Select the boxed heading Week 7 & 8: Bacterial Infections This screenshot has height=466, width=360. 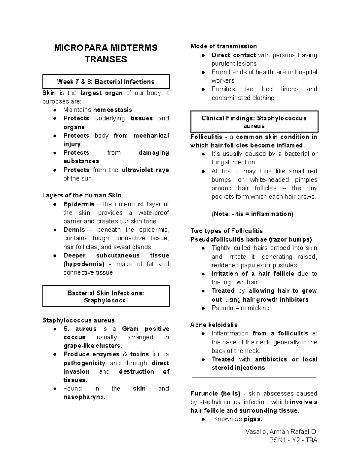[x=106, y=82]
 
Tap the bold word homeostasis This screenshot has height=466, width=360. [x=112, y=110]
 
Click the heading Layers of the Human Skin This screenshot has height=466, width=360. [x=82, y=195]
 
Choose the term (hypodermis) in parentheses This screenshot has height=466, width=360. [x=84, y=264]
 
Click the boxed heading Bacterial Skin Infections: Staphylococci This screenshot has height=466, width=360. [x=106, y=296]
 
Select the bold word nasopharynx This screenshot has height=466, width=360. [x=84, y=397]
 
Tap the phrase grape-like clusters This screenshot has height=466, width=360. [x=93, y=346]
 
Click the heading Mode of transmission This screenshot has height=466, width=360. [x=224, y=46]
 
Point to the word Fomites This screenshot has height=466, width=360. [x=223, y=89]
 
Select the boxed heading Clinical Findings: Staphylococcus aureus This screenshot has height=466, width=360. [x=254, y=122]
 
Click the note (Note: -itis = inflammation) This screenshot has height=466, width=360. [x=252, y=214]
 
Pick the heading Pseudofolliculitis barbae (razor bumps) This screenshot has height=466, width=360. [x=251, y=239]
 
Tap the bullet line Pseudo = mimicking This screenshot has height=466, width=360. [x=241, y=308]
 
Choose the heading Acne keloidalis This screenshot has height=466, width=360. [x=214, y=325]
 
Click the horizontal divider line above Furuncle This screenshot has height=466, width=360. [x=254, y=377]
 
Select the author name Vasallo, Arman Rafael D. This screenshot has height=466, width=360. [x=281, y=432]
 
